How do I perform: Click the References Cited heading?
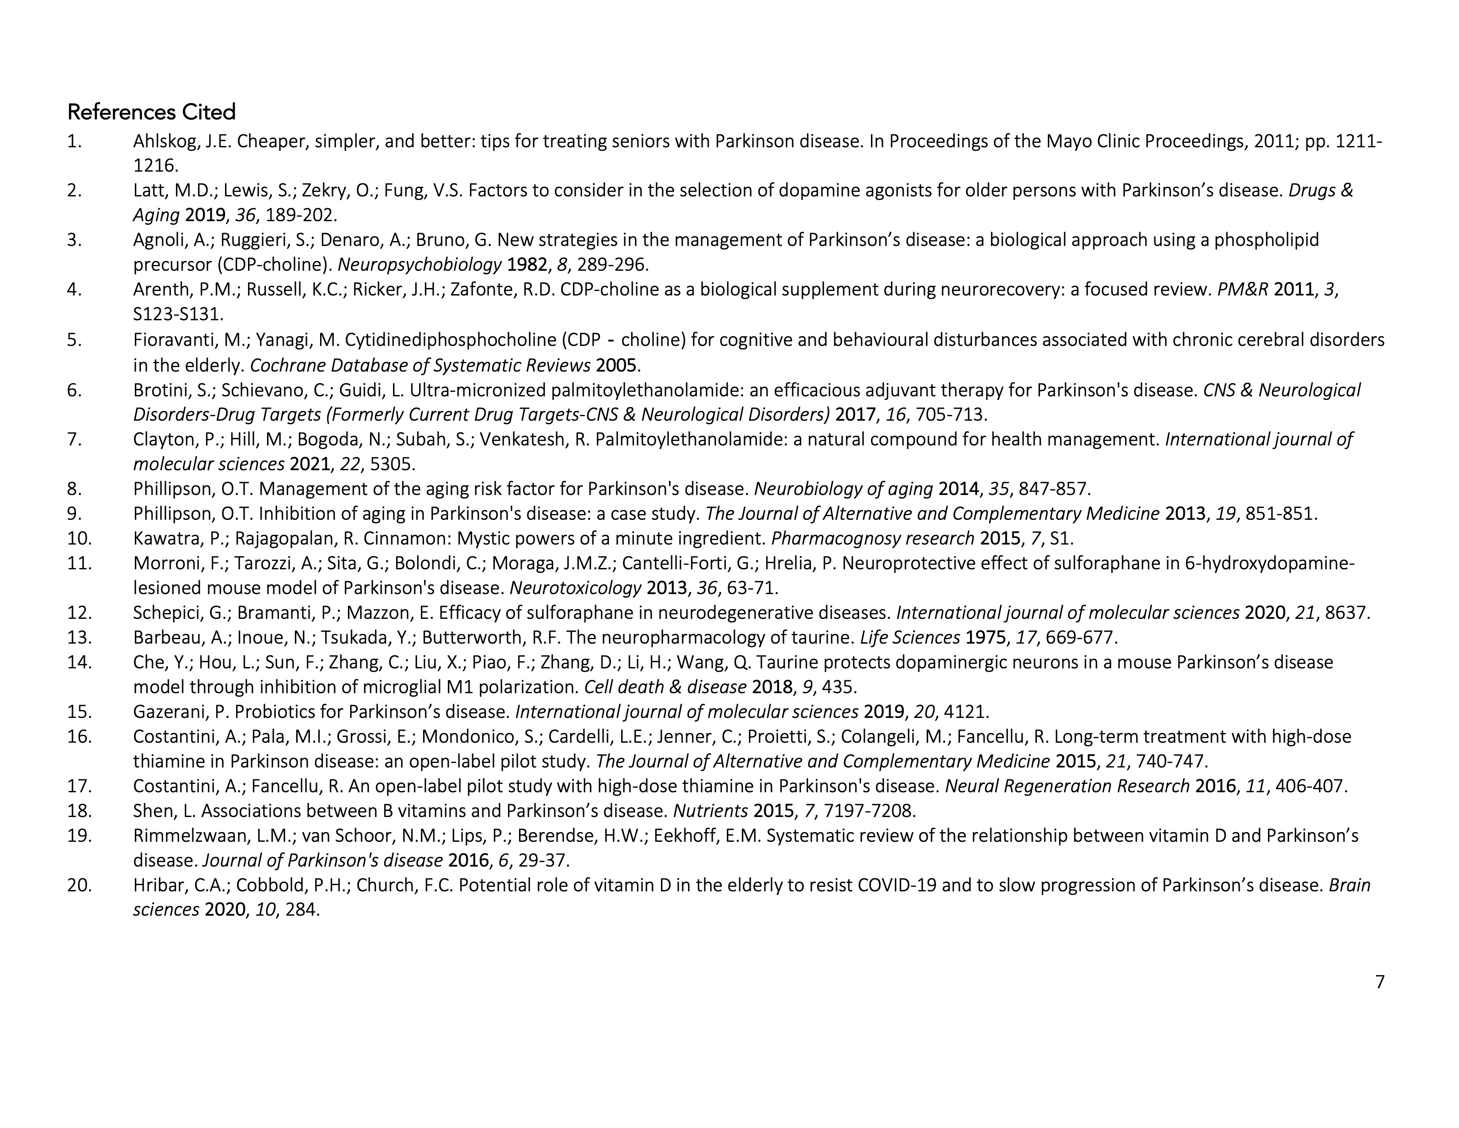pos(152,112)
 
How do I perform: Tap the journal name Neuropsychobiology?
pos(420,265)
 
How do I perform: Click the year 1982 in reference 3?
pos(527,265)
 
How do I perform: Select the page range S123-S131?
pos(178,314)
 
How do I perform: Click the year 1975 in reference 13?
pos(985,637)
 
